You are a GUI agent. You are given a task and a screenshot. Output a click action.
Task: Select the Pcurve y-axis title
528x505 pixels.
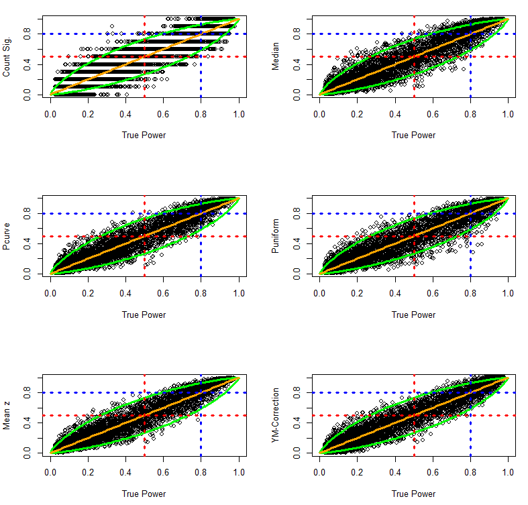7,237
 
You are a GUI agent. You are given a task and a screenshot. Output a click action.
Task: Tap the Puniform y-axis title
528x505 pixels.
276,237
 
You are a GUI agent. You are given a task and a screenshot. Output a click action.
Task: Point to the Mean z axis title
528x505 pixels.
7,416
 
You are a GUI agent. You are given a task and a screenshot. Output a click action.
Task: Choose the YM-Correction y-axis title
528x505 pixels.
276,416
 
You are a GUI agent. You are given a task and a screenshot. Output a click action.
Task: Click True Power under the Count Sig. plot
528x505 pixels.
144,135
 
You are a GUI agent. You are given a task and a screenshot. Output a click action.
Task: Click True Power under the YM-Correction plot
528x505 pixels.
413,494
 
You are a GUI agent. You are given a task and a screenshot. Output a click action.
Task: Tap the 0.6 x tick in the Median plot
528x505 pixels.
433,115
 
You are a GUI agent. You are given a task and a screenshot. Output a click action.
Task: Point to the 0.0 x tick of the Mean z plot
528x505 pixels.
50,473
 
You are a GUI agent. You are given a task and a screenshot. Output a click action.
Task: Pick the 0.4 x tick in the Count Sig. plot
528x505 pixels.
125,115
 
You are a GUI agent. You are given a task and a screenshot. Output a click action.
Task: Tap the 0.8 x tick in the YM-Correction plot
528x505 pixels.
470,473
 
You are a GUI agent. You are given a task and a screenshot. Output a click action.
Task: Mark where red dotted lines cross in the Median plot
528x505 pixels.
414,56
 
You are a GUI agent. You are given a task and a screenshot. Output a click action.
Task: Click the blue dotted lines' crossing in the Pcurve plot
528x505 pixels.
201,213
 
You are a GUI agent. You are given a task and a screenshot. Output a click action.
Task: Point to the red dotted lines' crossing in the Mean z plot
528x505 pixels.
144,415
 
